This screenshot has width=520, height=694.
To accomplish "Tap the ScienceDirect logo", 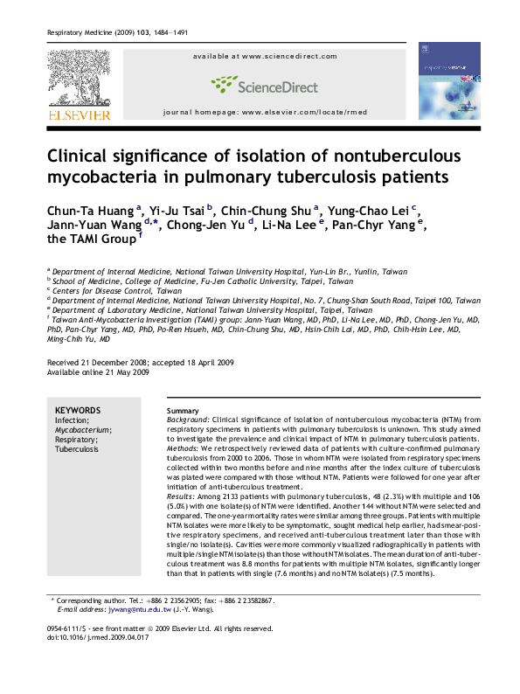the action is [x=261, y=85].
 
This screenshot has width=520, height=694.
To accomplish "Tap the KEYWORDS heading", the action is [x=78, y=410].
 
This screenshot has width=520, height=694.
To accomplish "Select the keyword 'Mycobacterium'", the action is [x=83, y=430].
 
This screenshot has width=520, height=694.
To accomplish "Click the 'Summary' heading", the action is [x=183, y=411].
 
